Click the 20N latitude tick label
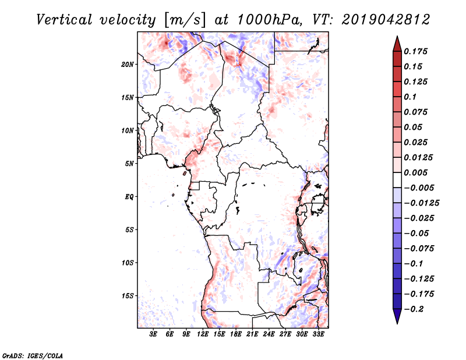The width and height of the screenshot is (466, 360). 128,65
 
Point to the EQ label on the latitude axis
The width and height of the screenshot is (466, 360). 129,197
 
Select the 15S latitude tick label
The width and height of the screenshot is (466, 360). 128,296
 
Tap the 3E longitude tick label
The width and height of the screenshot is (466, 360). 153,334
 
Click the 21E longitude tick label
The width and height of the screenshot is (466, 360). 252,334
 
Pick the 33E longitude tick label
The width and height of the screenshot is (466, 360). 318,334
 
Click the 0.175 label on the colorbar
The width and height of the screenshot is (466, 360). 415,51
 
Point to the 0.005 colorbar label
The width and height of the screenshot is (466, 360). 415,172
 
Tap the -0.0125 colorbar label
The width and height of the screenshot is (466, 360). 422,203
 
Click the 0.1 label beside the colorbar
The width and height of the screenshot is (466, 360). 410,97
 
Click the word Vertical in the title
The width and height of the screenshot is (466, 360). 64,20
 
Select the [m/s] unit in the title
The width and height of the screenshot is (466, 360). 185,20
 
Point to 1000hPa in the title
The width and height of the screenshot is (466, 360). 268,20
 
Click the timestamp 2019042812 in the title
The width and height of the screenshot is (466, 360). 386,20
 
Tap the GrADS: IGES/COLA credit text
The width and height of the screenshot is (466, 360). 33,355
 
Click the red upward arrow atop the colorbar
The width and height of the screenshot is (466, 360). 397,44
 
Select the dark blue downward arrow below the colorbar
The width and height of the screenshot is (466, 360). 397,316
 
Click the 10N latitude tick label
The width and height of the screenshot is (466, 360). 128,131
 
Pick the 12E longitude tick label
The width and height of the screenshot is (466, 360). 203,334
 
